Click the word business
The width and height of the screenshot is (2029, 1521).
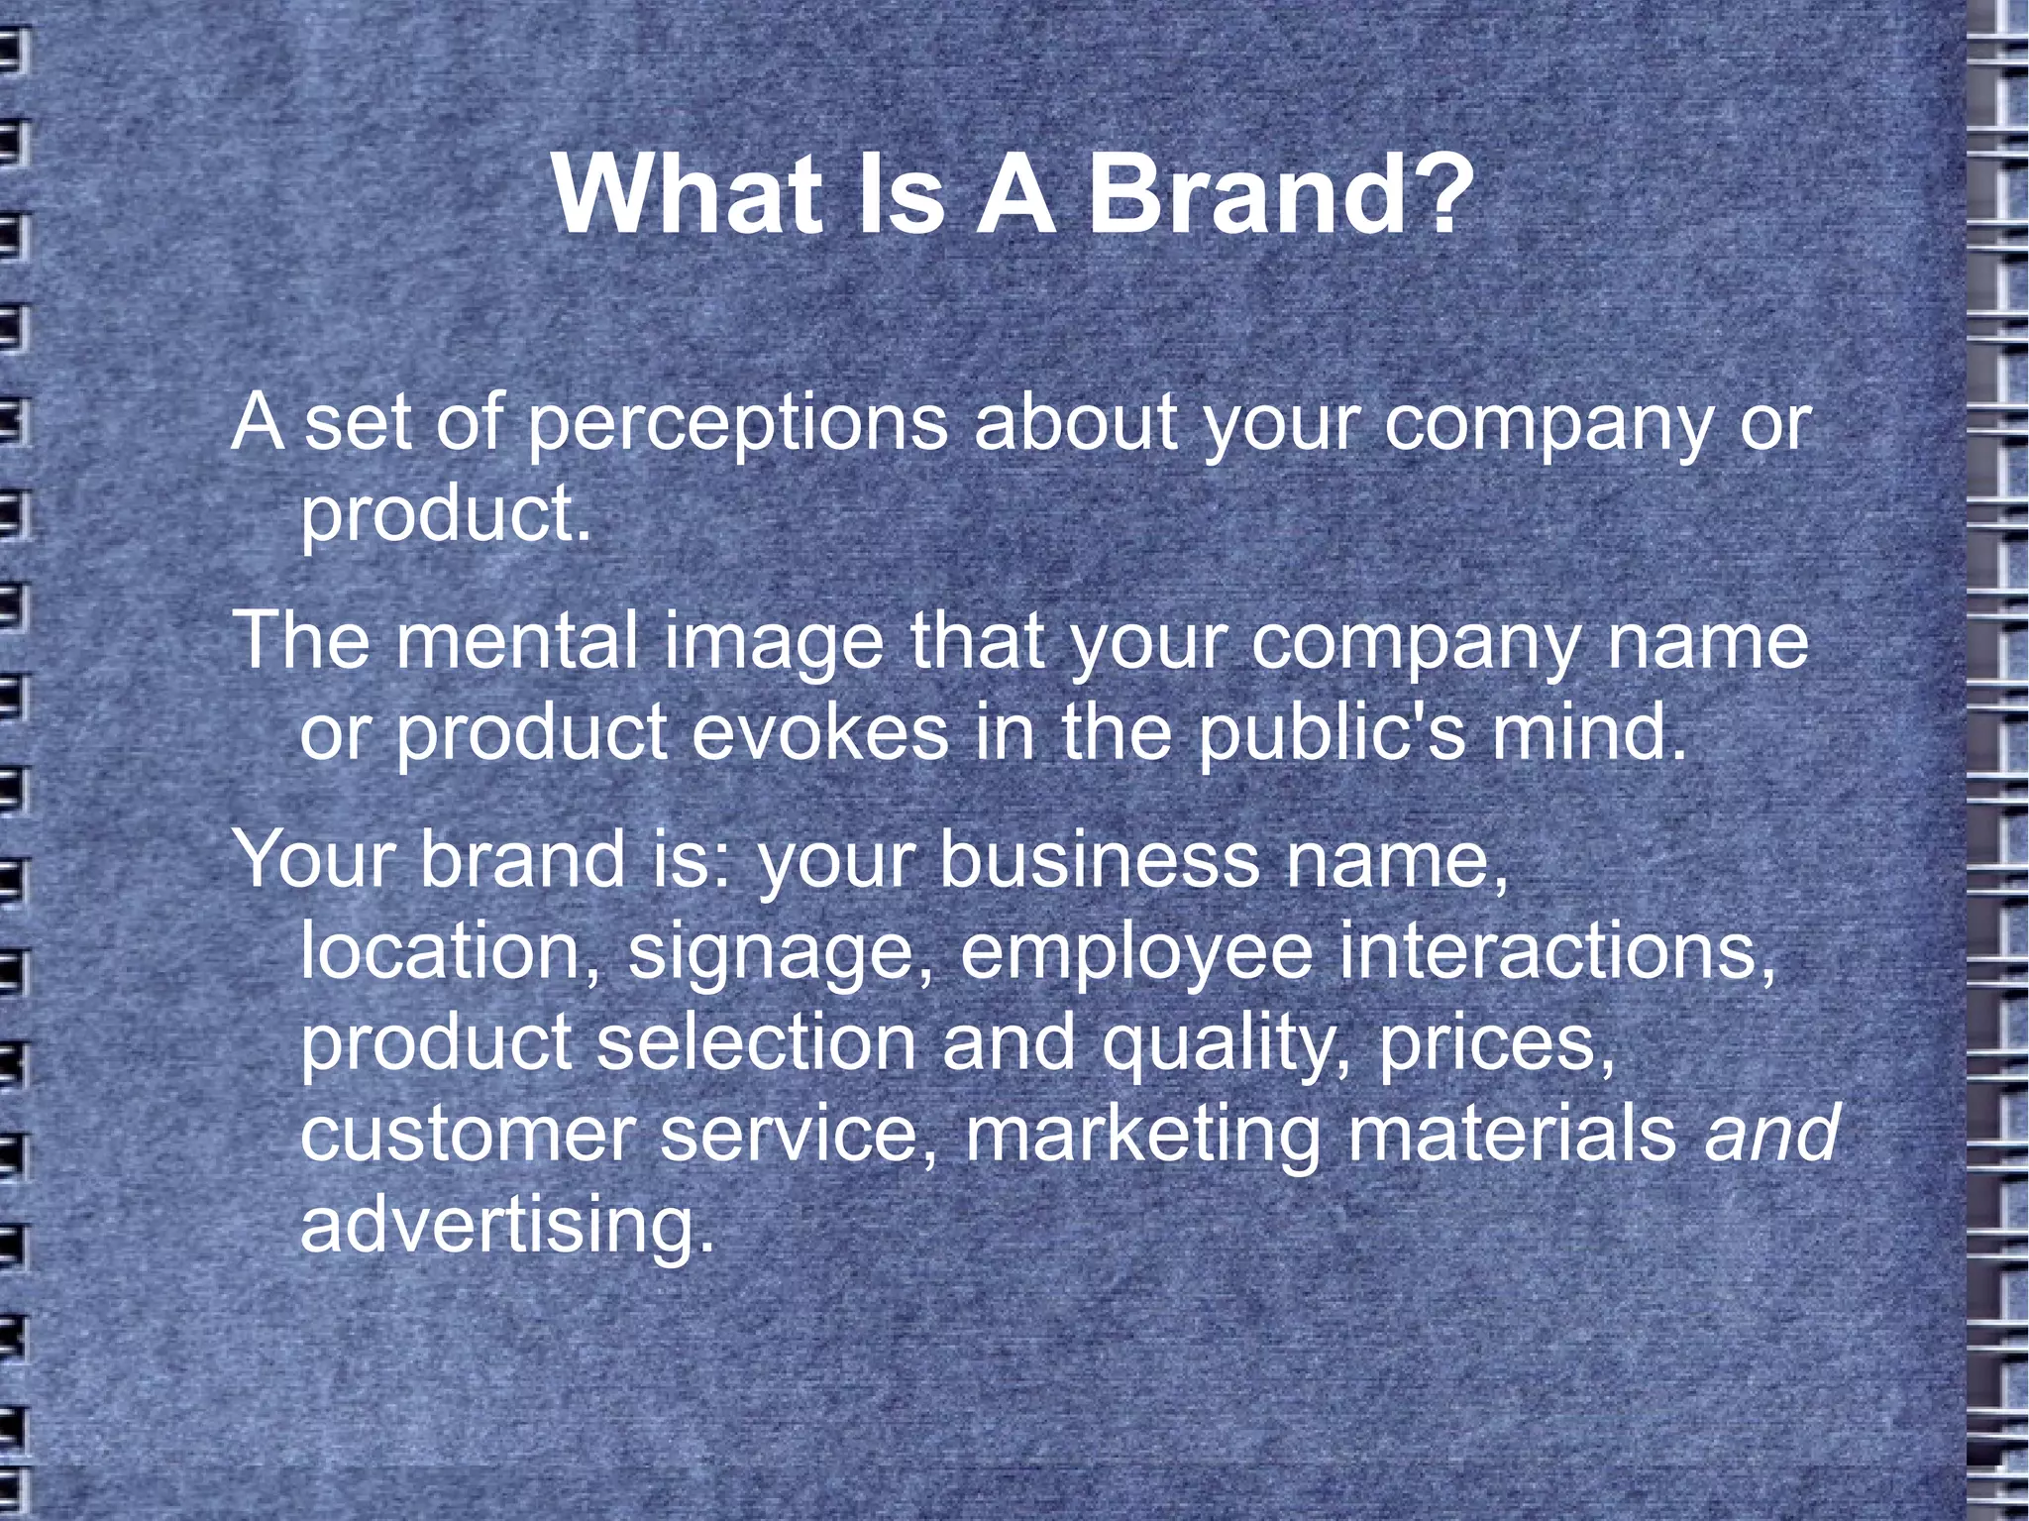[1099, 858]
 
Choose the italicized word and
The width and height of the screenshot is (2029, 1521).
[1771, 1134]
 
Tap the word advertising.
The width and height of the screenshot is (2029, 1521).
[506, 1227]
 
